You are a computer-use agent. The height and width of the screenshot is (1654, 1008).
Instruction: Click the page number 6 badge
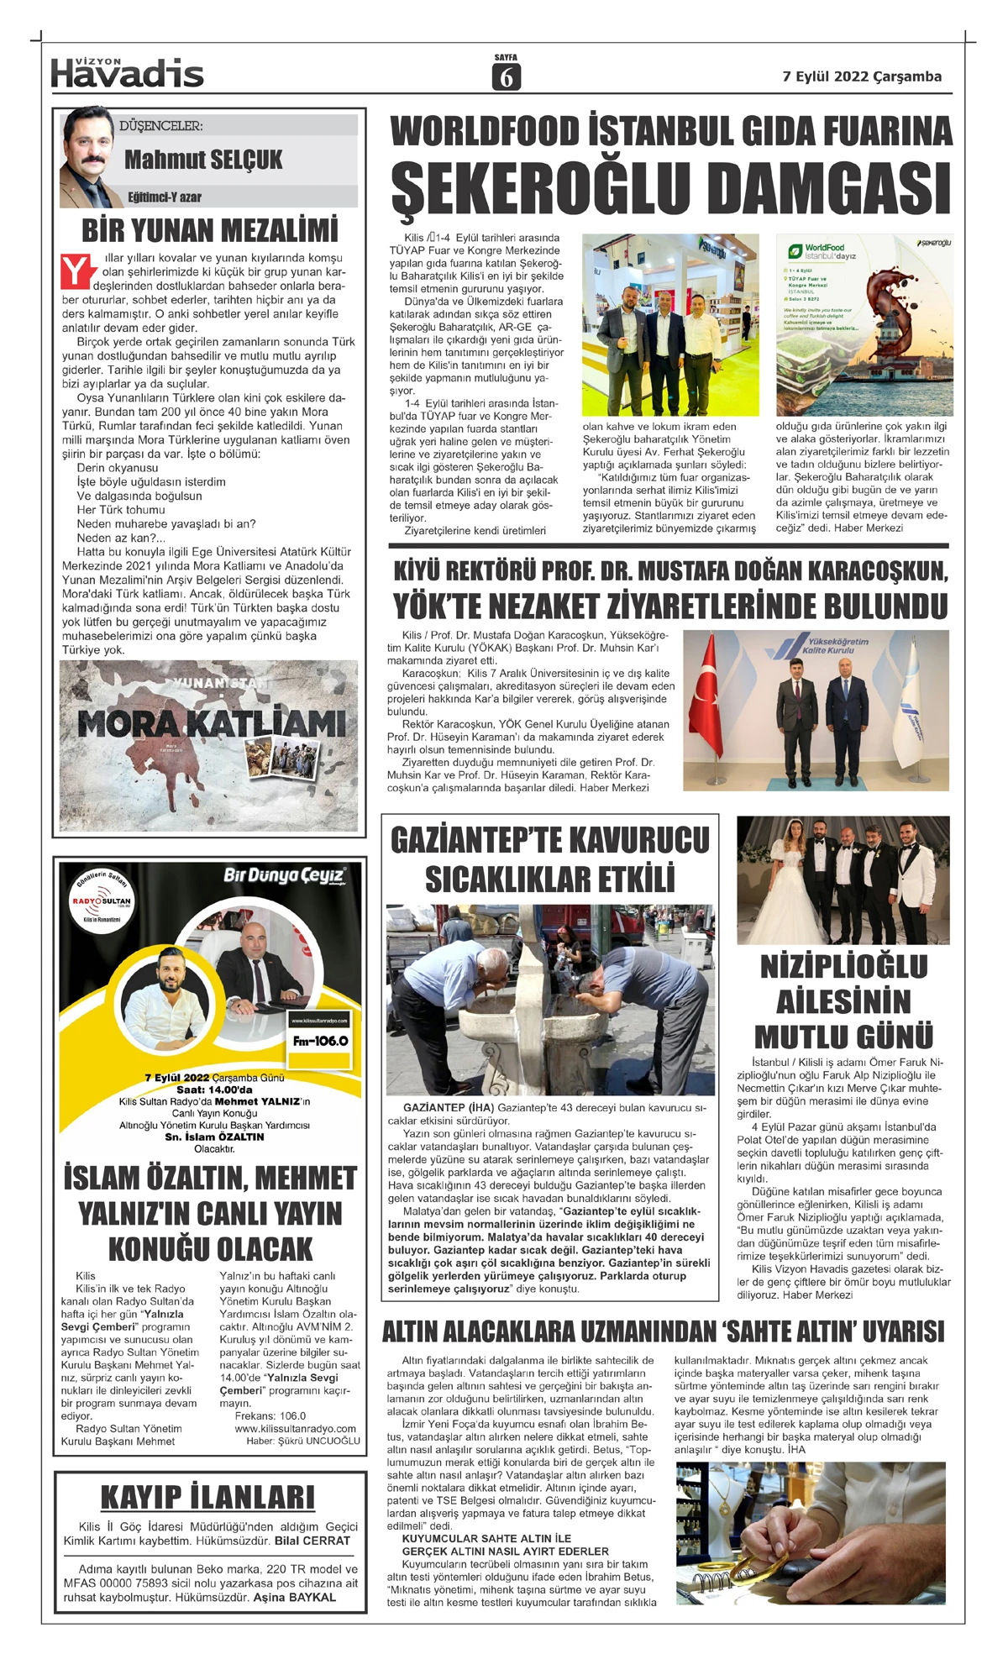tap(506, 76)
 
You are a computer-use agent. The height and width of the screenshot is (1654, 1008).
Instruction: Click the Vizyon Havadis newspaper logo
tap(127, 73)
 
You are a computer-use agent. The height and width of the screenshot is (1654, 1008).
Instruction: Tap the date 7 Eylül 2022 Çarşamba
tap(862, 76)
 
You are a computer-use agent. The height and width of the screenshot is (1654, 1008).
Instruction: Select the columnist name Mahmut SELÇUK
tap(203, 160)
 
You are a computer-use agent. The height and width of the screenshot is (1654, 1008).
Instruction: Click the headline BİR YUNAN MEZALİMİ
tap(210, 230)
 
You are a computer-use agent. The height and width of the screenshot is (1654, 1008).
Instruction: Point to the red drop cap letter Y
tap(76, 271)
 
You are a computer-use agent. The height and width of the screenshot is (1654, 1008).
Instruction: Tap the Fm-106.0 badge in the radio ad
tap(320, 1041)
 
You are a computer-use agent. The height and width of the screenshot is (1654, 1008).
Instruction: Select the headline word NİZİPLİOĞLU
tap(843, 967)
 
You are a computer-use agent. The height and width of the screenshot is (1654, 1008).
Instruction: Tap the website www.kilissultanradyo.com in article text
tap(295, 1428)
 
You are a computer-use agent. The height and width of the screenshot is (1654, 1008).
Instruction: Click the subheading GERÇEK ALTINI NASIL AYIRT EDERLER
tap(505, 1551)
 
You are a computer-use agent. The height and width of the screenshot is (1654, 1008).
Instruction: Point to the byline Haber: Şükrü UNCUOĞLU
tap(303, 1441)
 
